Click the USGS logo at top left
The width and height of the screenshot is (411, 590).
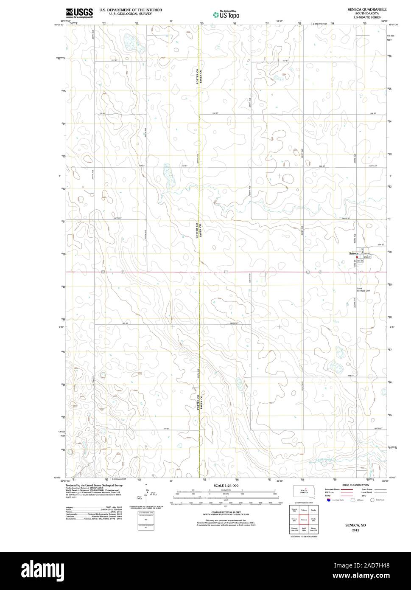pyautogui.click(x=79, y=13)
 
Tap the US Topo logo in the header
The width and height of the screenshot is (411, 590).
pyautogui.click(x=226, y=15)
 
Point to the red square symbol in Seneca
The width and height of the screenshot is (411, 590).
pyautogui.click(x=357, y=257)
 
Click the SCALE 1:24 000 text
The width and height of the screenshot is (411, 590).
pyautogui.click(x=226, y=485)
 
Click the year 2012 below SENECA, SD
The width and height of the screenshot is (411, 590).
pyautogui.click(x=355, y=530)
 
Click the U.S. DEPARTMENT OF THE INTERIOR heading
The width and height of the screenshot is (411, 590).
pyautogui.click(x=131, y=9)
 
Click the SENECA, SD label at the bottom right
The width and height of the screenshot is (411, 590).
pyautogui.click(x=355, y=525)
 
